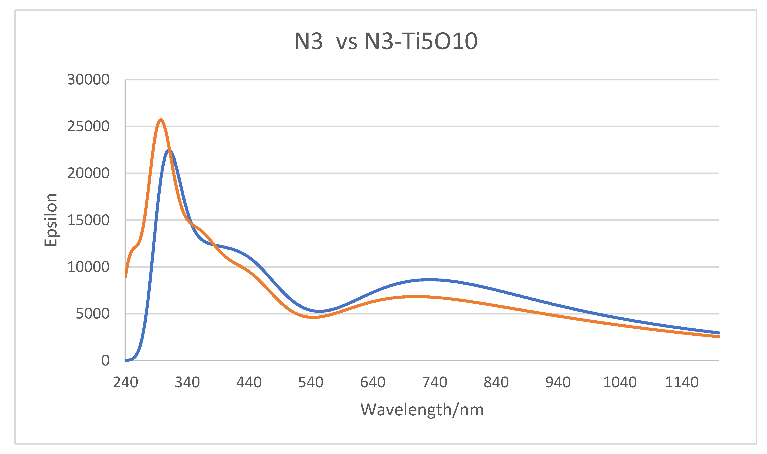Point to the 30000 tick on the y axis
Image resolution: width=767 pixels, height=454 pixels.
(x=88, y=80)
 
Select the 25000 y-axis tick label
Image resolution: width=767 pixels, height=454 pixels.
(x=88, y=126)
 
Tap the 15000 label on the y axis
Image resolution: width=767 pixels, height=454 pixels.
(x=88, y=220)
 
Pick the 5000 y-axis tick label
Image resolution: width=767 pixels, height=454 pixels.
(x=92, y=314)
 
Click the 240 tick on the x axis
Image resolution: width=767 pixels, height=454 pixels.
(x=125, y=382)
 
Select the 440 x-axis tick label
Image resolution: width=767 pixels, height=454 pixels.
(x=249, y=382)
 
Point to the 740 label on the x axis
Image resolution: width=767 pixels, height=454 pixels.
(x=434, y=382)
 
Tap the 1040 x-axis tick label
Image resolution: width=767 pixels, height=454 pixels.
(x=620, y=382)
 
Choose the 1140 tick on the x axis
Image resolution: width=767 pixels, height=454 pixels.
(x=682, y=382)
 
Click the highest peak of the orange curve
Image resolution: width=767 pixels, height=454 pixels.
(x=161, y=120)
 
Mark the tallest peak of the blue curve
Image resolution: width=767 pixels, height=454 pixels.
(x=169, y=150)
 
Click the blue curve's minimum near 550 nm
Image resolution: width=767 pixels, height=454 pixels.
(x=319, y=311)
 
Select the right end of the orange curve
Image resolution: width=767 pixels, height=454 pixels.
(x=718, y=337)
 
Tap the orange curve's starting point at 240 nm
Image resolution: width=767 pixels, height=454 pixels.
(x=126, y=277)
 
